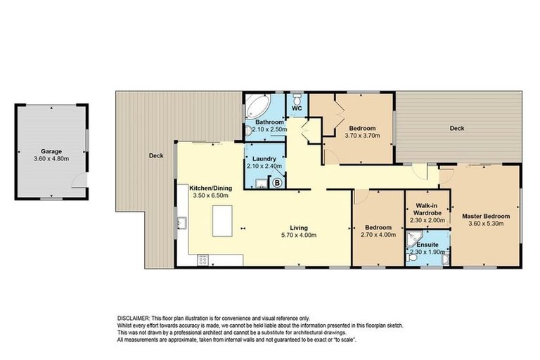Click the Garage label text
click(x=52, y=151)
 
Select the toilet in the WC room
click(x=297, y=98)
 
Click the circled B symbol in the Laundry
click(x=277, y=183)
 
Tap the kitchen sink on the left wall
click(x=181, y=224)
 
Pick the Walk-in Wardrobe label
click(x=427, y=207)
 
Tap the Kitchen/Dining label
click(x=211, y=188)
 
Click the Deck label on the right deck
click(x=457, y=128)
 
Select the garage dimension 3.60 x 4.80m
click(x=52, y=159)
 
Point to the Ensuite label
click(x=427, y=245)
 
